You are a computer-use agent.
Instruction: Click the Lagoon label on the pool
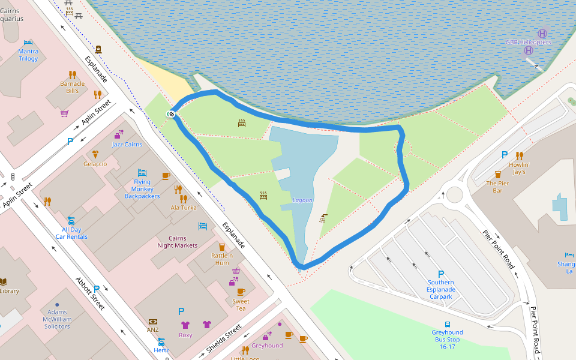click(x=302, y=200)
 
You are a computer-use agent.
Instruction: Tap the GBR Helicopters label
click(x=528, y=43)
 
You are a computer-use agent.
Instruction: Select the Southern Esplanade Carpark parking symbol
click(x=441, y=274)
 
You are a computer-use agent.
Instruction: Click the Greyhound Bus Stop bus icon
click(x=447, y=324)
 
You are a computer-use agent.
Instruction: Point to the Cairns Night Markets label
click(x=177, y=242)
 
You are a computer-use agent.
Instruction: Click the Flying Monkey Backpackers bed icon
click(x=142, y=173)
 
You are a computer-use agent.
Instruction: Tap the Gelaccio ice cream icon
click(x=95, y=154)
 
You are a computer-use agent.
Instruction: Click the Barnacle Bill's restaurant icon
click(x=72, y=75)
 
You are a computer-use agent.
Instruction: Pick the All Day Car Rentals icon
click(x=71, y=220)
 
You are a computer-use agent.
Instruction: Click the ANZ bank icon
click(x=153, y=322)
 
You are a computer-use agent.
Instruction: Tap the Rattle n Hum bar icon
click(x=221, y=247)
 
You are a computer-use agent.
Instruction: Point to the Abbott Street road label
click(x=91, y=293)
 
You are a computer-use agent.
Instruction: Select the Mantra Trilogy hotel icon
click(x=28, y=43)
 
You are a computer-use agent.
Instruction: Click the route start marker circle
click(x=172, y=114)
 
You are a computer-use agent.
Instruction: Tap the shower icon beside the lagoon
click(x=324, y=217)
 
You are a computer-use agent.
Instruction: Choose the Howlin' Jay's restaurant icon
click(x=519, y=155)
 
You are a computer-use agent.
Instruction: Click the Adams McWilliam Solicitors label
click(x=57, y=319)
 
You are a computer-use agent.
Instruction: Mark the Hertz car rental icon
click(x=161, y=341)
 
